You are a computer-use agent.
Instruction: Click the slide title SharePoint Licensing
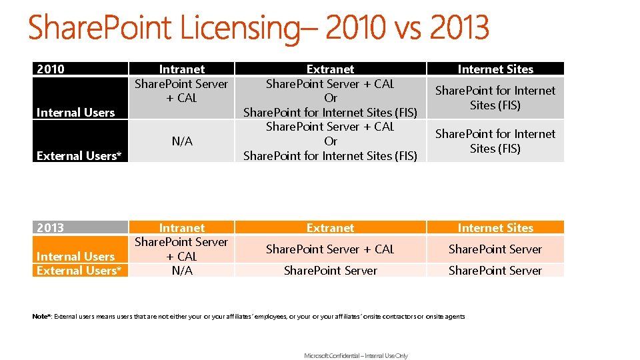[x=259, y=28]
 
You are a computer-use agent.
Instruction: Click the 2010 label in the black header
[x=51, y=69]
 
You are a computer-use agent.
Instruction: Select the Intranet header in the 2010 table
[x=181, y=69]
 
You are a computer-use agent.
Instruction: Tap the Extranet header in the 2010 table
[x=330, y=69]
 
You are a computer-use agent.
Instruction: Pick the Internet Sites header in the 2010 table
[x=495, y=69]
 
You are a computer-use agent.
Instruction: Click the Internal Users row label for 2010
[x=76, y=113]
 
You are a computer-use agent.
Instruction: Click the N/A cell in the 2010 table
[x=181, y=141]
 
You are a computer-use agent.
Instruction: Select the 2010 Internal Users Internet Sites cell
[x=495, y=97]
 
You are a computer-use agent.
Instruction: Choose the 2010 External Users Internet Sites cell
[x=495, y=141]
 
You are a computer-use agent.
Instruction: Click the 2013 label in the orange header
[x=51, y=228]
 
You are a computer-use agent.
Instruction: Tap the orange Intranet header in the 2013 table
[x=181, y=228]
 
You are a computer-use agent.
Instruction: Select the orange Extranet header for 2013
[x=330, y=228]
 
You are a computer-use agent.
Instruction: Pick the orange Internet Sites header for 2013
[x=495, y=228]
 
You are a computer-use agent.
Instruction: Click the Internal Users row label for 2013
[x=76, y=257]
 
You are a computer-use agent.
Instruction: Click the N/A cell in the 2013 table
[x=181, y=271]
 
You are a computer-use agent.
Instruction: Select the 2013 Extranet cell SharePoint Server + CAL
[x=330, y=249]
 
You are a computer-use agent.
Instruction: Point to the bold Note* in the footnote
[x=41, y=317]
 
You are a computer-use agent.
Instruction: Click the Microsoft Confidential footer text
[x=356, y=356]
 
